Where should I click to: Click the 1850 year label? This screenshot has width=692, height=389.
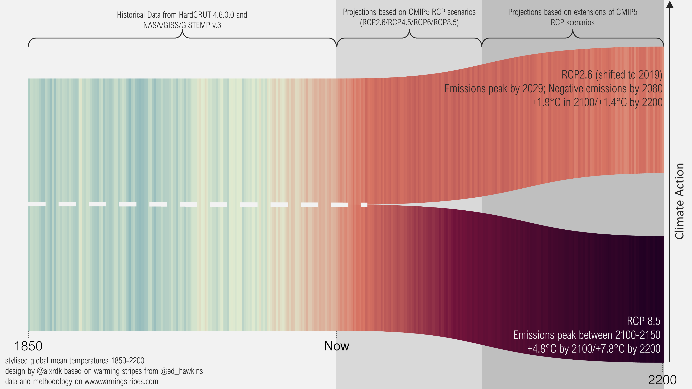28,346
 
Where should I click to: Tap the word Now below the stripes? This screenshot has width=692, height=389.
337,346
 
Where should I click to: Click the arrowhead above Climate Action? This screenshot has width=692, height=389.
670,4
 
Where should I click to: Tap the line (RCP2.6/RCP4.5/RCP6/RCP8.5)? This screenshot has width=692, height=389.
409,22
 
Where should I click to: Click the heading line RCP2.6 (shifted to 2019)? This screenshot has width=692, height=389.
612,75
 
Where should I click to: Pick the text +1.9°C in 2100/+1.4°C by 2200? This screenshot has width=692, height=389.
597,103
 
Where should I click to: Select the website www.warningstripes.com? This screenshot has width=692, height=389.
121,382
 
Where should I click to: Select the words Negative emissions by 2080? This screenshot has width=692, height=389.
605,89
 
